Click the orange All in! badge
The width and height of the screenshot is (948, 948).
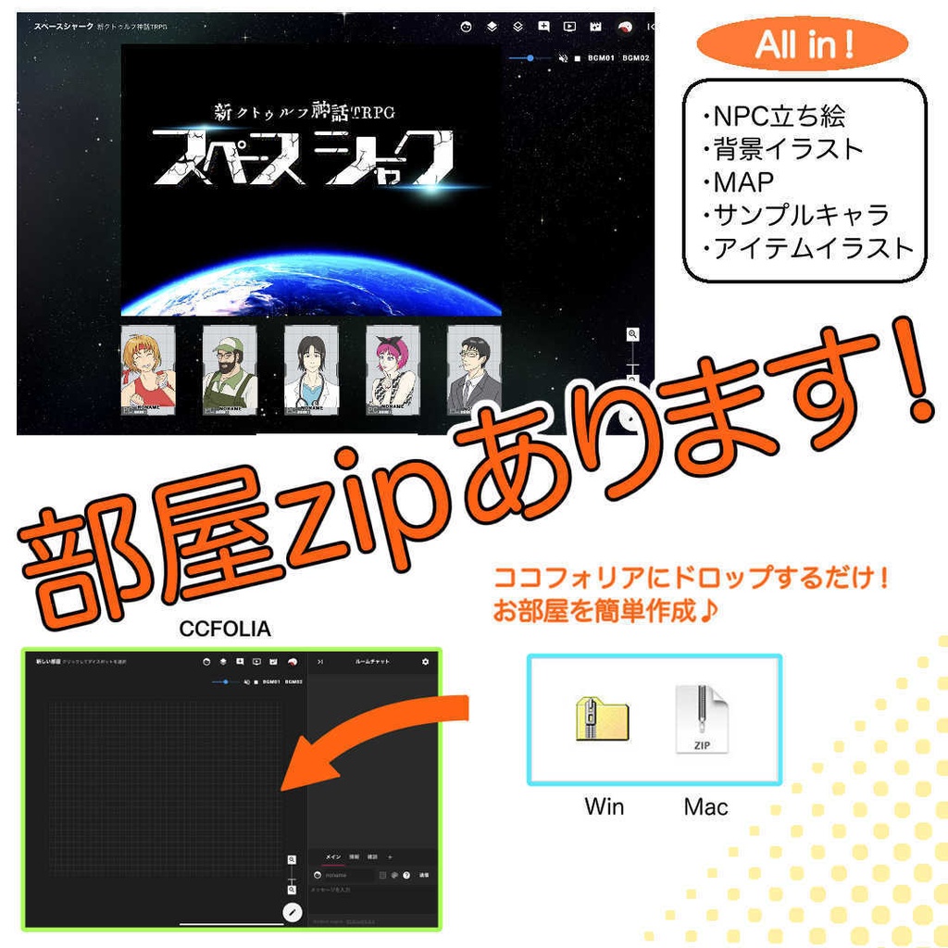coord(802,44)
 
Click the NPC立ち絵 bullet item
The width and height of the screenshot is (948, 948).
coord(779,116)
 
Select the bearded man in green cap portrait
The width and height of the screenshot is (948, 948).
coord(229,370)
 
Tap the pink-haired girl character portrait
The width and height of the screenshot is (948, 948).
coord(393,370)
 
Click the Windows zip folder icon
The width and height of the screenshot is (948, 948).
coord(602,718)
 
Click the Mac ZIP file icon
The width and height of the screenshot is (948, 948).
coord(702,719)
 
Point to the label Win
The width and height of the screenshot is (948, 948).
coord(604,806)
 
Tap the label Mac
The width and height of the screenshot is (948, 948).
coord(705,806)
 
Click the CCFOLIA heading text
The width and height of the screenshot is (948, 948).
coord(225,630)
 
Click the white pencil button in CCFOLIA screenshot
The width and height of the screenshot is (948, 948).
coord(293,912)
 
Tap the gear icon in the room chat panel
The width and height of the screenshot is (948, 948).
coord(425,662)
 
